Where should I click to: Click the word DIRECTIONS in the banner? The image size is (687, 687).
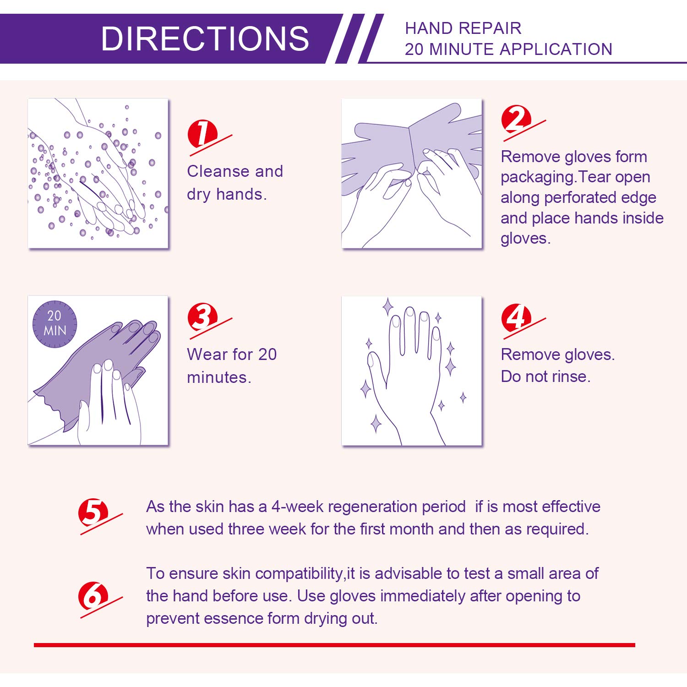click(x=205, y=38)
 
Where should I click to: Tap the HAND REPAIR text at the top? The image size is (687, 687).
click(x=463, y=28)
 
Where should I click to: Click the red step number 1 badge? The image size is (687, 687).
click(x=202, y=134)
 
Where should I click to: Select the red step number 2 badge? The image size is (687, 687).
click(x=516, y=119)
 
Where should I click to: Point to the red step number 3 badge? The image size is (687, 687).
click(x=202, y=316)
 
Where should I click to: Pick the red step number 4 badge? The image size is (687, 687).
click(x=516, y=317)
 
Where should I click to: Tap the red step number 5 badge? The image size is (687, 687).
click(x=93, y=513)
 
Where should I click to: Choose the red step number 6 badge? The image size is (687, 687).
click(x=93, y=595)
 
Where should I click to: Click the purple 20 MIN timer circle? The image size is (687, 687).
click(x=55, y=323)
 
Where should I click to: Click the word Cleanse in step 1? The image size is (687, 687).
click(x=218, y=171)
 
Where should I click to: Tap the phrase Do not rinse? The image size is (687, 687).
click(x=545, y=376)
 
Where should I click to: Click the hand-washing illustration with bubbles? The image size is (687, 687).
click(x=98, y=173)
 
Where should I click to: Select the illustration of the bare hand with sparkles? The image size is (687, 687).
click(x=412, y=371)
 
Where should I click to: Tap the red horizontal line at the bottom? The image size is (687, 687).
click(x=334, y=645)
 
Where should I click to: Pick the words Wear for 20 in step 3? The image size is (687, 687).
click(x=232, y=354)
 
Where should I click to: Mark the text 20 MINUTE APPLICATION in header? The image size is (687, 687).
click(x=508, y=49)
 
